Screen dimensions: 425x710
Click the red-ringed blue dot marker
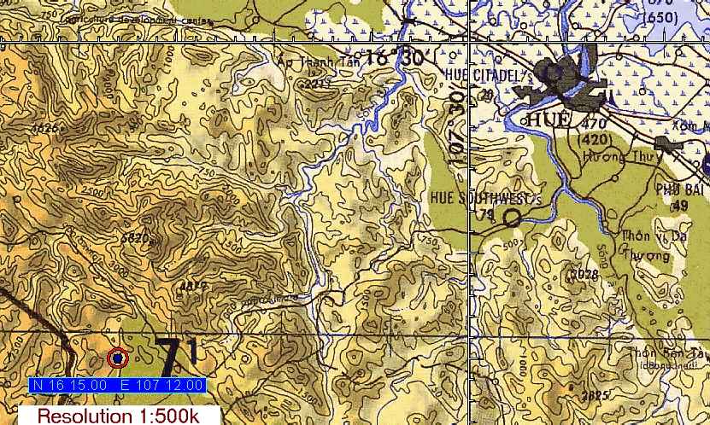pyautogui.click(x=117, y=359)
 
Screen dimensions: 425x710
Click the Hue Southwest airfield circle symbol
pyautogui.click(x=511, y=218)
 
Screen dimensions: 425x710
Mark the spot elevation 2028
pyautogui.click(x=584, y=274)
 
